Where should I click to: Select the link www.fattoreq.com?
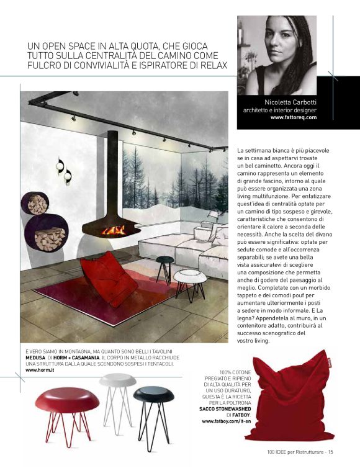click(294, 117)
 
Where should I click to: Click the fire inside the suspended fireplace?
click(113, 231)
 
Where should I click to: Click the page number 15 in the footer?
click(331, 451)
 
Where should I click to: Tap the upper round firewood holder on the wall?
click(38, 205)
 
